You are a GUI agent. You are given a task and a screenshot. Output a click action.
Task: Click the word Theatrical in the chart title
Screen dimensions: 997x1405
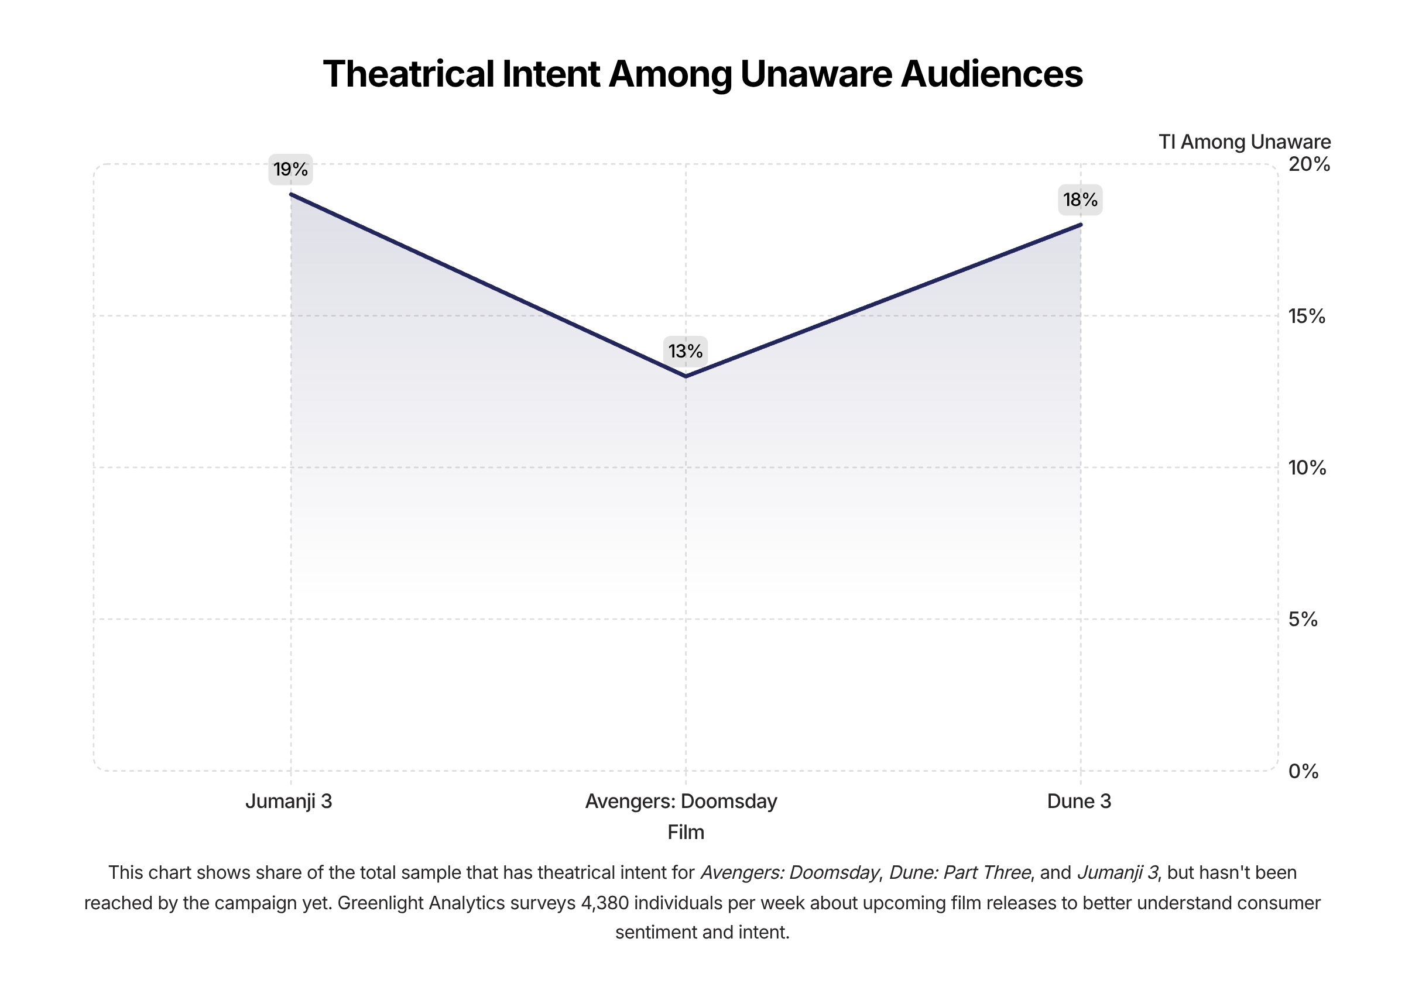[x=409, y=74]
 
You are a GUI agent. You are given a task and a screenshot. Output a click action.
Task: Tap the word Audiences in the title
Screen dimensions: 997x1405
[x=991, y=74]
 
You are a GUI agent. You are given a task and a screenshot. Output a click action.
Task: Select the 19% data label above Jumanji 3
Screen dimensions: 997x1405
[x=290, y=170]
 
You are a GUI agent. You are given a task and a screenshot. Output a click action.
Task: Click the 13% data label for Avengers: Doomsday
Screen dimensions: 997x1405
[x=686, y=351]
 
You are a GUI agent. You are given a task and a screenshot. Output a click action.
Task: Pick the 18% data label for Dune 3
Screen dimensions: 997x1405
[x=1080, y=200]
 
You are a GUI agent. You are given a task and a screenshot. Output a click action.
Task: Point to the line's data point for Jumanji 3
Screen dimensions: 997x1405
[x=291, y=195]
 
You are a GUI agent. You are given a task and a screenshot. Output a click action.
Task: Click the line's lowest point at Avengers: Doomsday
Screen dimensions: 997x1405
[x=686, y=376]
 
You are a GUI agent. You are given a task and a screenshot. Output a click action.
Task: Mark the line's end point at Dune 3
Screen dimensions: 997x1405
[x=1081, y=225]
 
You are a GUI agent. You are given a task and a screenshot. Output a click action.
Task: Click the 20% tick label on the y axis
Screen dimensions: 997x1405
[x=1309, y=164]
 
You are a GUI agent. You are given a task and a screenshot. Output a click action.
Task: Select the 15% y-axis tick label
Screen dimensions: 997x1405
[x=1307, y=316]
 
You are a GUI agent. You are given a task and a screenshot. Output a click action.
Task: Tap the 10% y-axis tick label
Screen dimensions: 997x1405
[x=1307, y=468]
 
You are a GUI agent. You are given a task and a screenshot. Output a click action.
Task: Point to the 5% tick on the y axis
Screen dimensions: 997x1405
[x=1303, y=620]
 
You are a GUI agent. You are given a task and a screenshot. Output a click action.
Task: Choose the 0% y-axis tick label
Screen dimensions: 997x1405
[x=1303, y=772]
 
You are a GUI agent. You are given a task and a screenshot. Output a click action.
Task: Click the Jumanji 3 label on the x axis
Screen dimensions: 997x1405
[x=289, y=801]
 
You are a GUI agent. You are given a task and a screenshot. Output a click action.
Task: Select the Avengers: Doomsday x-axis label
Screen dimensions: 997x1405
[x=681, y=801]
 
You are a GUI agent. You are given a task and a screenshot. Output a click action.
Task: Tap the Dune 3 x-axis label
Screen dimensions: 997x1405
[x=1079, y=801]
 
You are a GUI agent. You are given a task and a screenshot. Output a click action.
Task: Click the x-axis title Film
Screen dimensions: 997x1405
[x=686, y=833]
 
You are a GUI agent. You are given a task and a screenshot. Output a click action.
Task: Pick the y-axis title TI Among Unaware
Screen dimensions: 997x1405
[x=1245, y=142]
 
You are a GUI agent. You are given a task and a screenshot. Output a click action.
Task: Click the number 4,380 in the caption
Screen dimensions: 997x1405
[x=605, y=903]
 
